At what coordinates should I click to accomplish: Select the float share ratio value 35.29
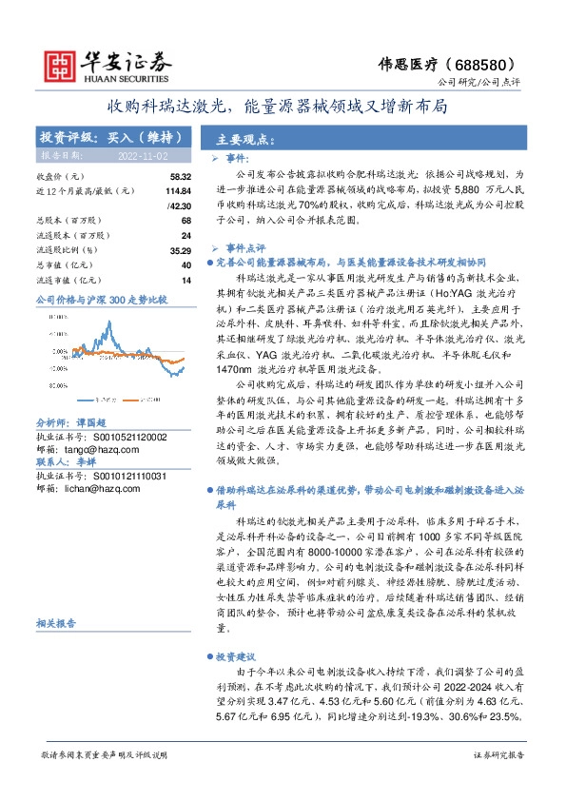pyautogui.click(x=181, y=249)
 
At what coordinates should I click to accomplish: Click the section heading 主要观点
pyautogui.click(x=238, y=137)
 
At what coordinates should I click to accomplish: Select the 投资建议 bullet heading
pyautogui.click(x=232, y=657)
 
